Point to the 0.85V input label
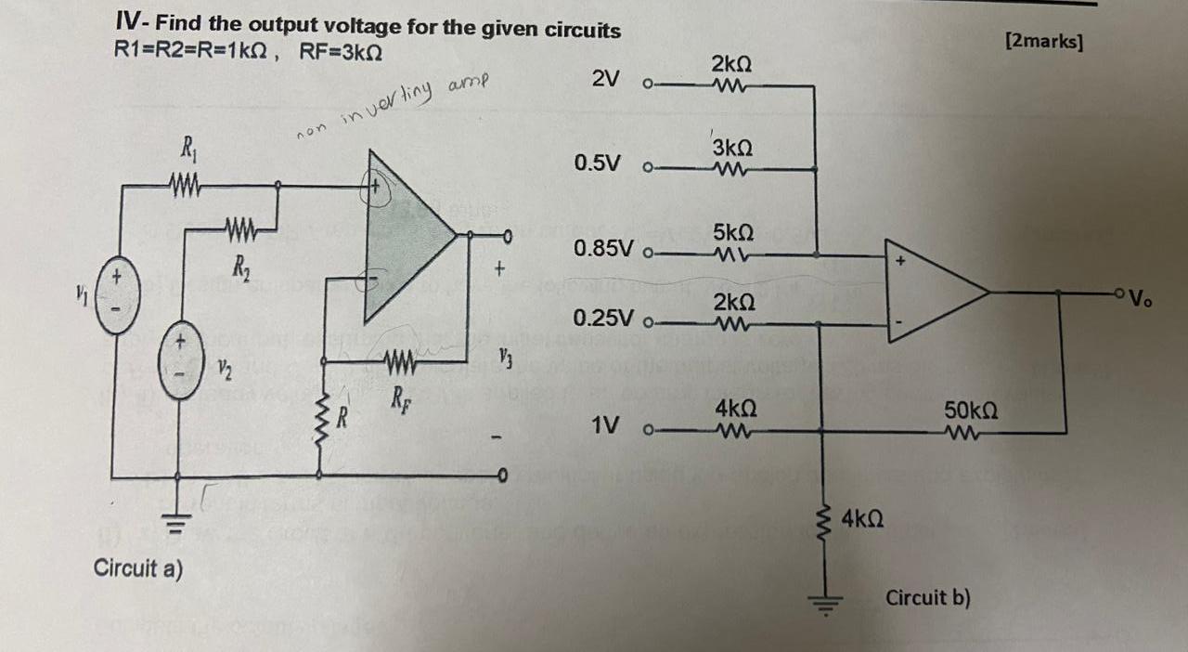(x=604, y=248)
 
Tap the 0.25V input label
(x=604, y=319)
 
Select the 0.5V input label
(x=598, y=163)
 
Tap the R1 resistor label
(x=187, y=148)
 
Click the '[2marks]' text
(x=1043, y=41)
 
